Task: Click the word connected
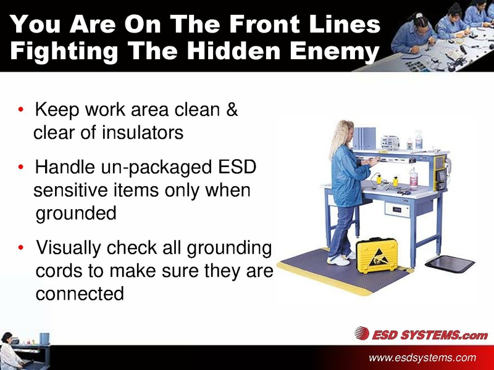pyautogui.click(x=80, y=293)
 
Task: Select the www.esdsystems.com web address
pyautogui.click(x=422, y=358)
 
